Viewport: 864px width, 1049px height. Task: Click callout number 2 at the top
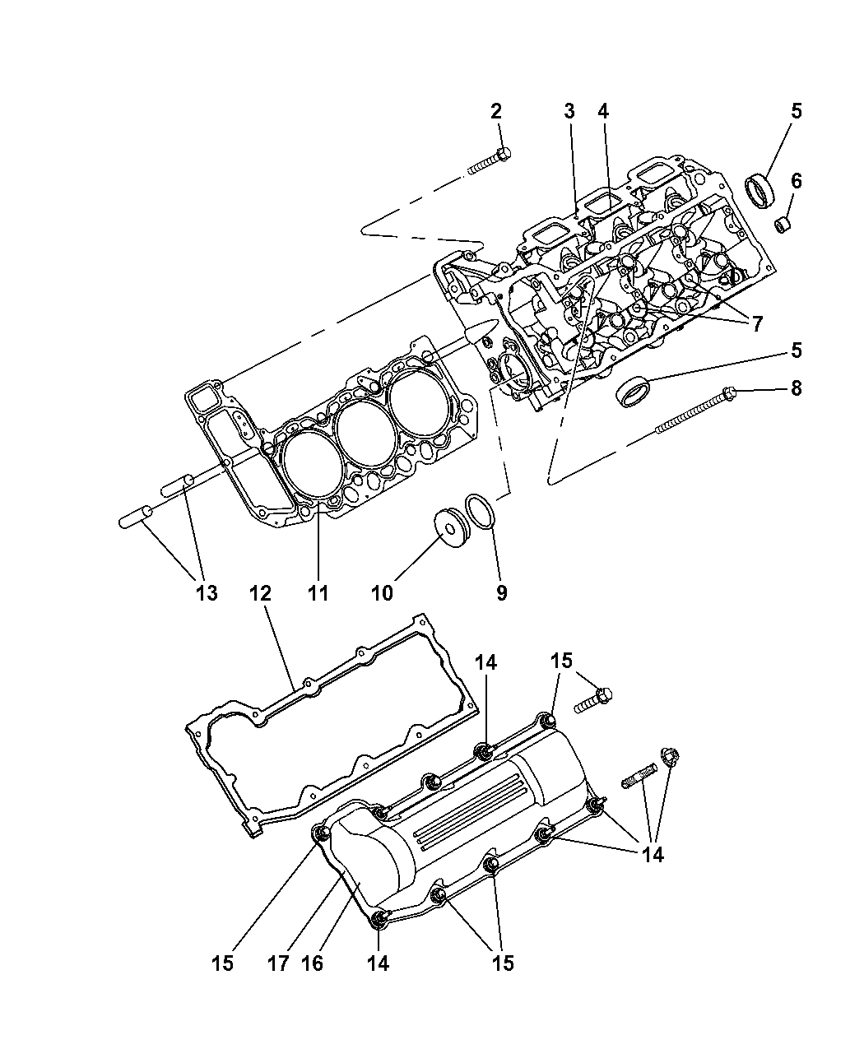495,111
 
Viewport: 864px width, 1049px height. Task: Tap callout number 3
569,111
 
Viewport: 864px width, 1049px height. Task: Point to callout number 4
603,111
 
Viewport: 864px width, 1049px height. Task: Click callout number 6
797,181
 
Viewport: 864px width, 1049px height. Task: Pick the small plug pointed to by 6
782,224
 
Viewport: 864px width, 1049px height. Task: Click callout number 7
757,323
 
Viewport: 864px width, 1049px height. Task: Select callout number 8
797,388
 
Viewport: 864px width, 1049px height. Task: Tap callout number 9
502,593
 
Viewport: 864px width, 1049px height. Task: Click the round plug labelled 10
452,527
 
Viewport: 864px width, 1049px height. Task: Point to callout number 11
318,593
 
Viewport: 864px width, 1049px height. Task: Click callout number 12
260,593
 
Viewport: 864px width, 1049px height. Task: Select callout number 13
207,593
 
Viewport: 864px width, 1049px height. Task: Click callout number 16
312,963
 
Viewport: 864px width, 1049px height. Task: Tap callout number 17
278,963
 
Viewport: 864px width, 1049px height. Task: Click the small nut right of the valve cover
670,757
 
